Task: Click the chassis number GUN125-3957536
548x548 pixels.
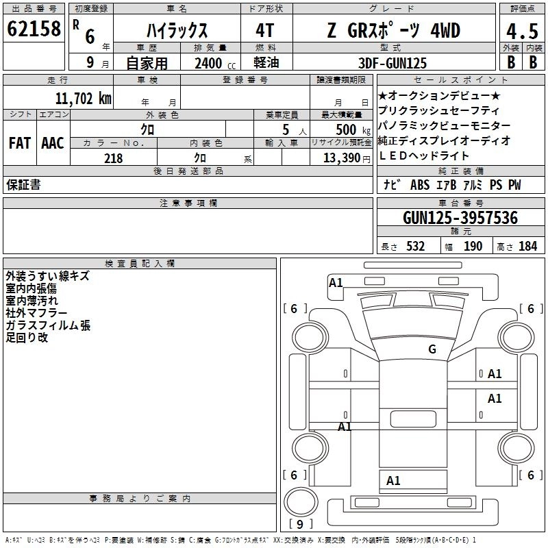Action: (460, 219)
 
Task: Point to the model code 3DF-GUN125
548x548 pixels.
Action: (393, 63)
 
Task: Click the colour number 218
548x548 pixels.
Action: (114, 158)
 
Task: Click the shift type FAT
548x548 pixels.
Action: (19, 143)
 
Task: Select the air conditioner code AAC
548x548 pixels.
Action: (53, 143)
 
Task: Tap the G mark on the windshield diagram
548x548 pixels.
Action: (432, 349)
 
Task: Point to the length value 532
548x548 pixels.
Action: (413, 247)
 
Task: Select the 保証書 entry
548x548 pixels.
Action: (23, 185)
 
